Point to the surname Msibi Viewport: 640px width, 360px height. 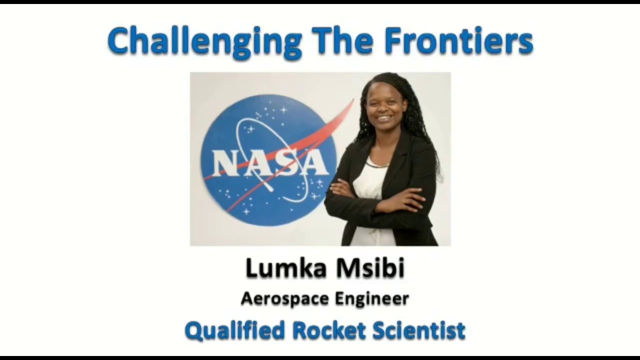(x=370, y=268)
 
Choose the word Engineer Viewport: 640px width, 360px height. (x=372, y=299)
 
